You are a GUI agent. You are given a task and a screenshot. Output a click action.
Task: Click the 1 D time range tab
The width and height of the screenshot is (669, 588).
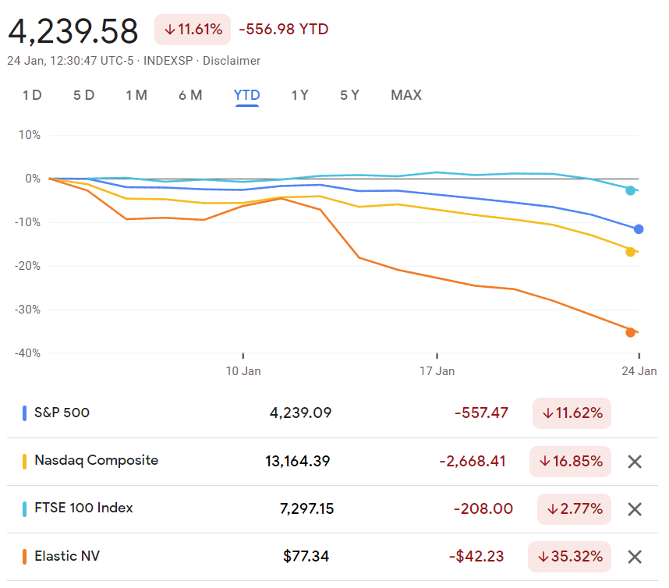[x=32, y=95]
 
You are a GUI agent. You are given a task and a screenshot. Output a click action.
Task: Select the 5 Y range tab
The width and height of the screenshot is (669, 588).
[x=349, y=95]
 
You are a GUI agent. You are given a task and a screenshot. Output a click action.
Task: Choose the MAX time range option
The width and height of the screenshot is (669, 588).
[x=406, y=95]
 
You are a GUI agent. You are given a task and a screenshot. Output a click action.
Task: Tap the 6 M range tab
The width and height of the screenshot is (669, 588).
[x=190, y=95]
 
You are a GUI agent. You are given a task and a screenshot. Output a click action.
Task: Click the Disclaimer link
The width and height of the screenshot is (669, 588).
[x=232, y=61]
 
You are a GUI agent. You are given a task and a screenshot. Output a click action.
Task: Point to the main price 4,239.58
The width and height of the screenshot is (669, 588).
[x=73, y=31]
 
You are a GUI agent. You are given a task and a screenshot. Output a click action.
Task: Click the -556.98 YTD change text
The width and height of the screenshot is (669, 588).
[x=284, y=30]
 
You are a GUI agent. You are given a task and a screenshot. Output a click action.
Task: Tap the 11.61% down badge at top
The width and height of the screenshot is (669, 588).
[x=193, y=30]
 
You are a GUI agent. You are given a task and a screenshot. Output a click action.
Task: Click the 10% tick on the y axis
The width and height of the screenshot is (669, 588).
[x=29, y=135]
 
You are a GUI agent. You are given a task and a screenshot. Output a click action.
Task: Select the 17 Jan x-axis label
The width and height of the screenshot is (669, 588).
[x=437, y=371]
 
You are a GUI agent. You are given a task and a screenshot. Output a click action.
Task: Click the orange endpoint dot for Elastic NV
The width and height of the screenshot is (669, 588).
[x=630, y=332]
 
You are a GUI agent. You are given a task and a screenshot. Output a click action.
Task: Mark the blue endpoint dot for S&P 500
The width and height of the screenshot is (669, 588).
[x=639, y=229]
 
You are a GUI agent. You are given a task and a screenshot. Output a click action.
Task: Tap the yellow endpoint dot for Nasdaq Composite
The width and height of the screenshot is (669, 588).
[x=630, y=251]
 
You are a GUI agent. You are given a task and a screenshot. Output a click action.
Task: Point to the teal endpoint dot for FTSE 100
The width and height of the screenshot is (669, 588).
[x=630, y=190]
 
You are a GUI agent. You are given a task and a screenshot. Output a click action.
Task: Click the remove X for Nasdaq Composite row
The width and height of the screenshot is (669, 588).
[x=635, y=462]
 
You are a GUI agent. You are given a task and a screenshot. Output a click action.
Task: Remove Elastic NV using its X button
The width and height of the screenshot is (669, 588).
[x=635, y=557]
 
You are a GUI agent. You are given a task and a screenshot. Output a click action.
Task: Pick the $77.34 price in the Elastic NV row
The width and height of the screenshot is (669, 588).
[x=306, y=557]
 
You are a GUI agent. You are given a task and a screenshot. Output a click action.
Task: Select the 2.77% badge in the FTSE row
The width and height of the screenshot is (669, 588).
[x=574, y=509]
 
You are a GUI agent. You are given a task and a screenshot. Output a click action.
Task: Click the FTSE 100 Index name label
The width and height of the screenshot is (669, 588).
[x=83, y=508]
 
